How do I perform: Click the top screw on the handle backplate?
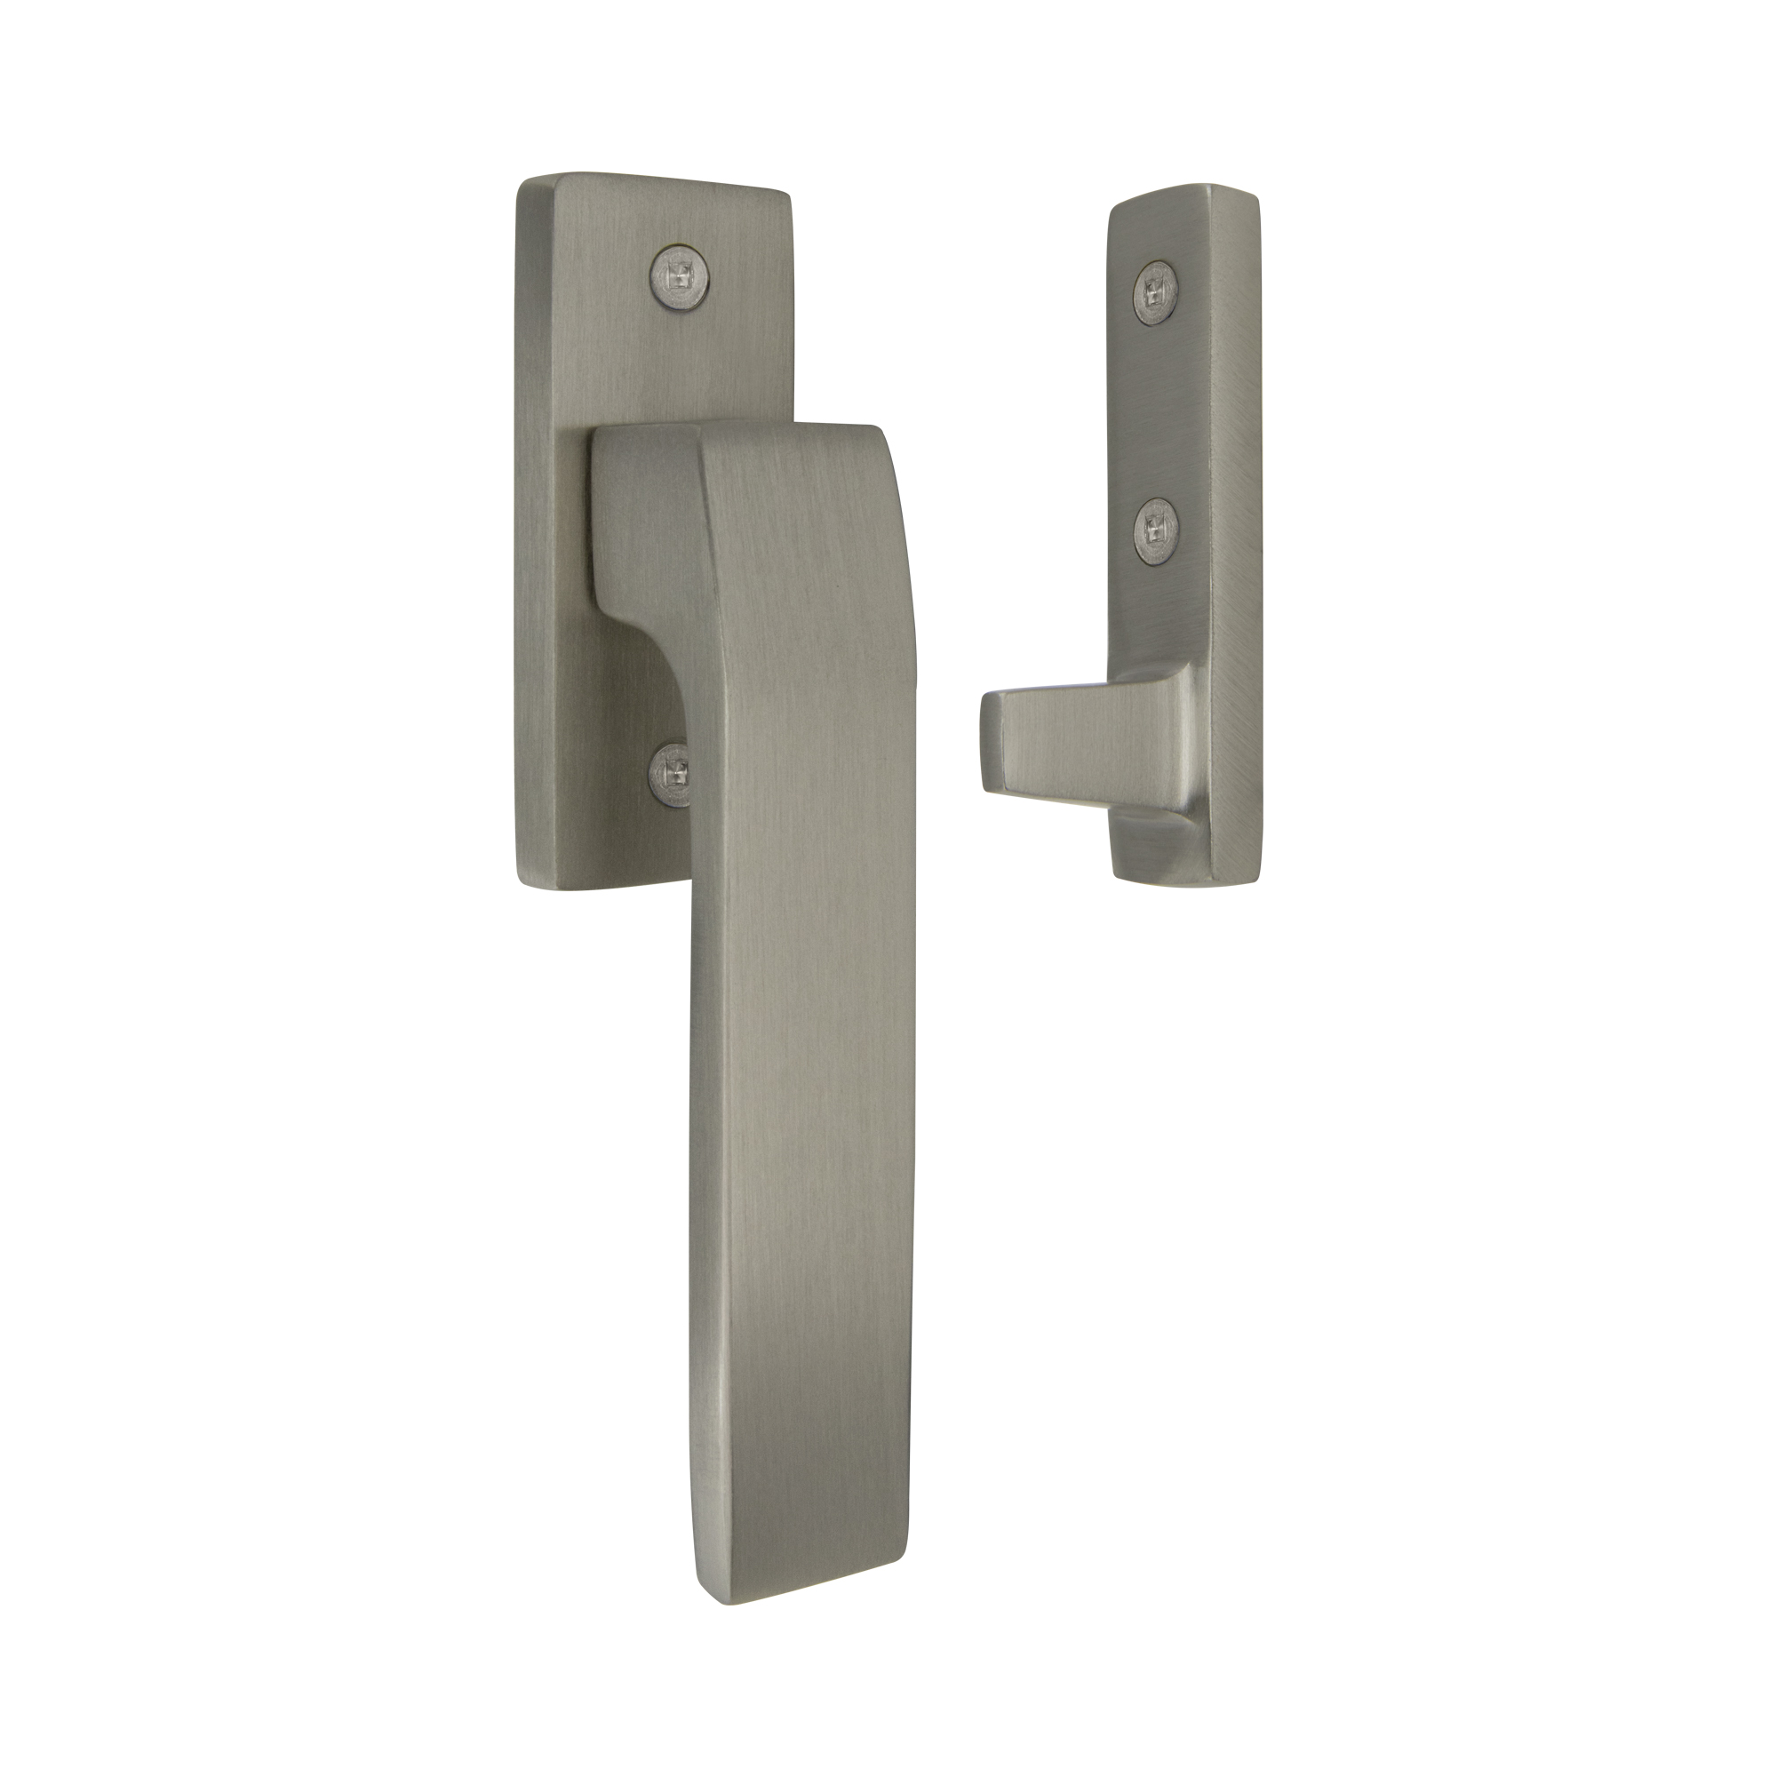point(681,271)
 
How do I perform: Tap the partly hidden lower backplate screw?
point(673,776)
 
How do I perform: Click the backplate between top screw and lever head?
point(681,359)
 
